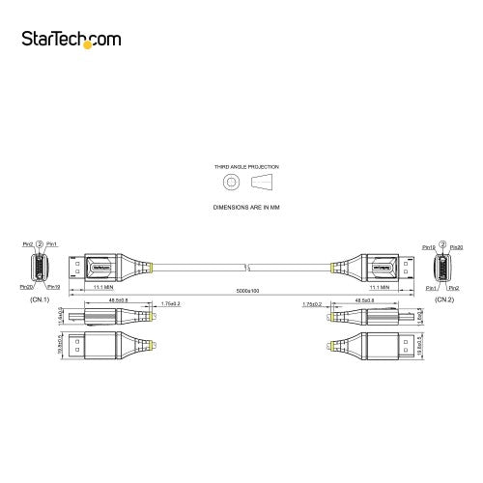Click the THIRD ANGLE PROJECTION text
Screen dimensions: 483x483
[241, 166]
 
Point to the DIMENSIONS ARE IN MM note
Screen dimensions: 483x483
[241, 207]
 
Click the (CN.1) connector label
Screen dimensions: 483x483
[41, 299]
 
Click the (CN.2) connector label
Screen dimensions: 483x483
[442, 299]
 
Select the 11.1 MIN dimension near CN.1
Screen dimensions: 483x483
[105, 287]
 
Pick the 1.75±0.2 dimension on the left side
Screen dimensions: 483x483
[171, 303]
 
